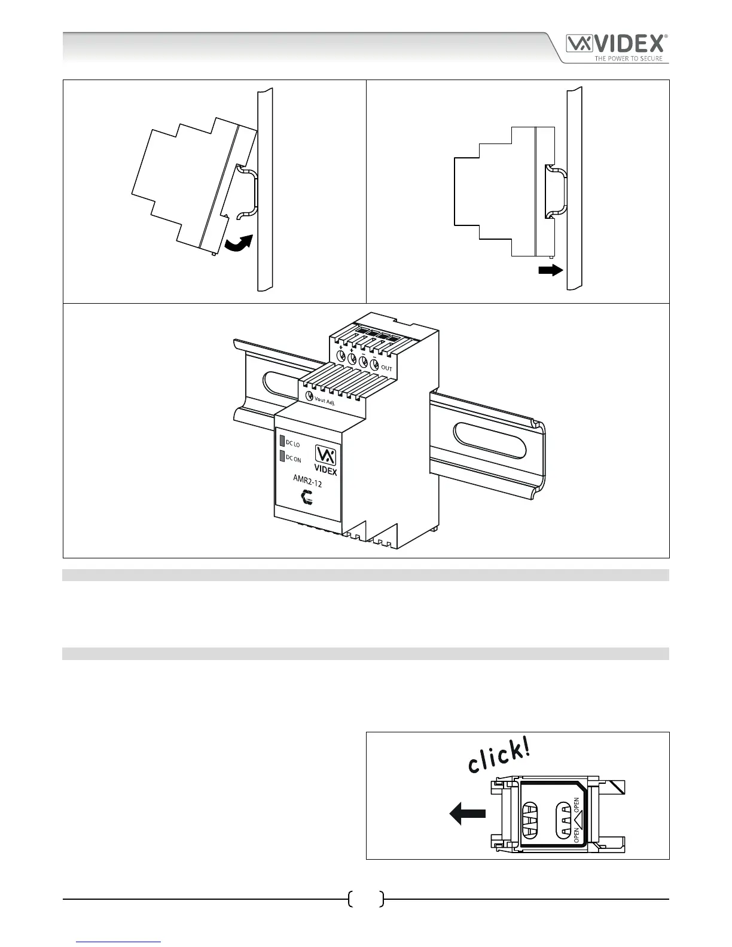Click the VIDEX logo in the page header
pyautogui.click(x=617, y=44)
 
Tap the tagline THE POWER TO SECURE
pyautogui.click(x=628, y=59)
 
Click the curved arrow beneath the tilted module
pyautogui.click(x=237, y=243)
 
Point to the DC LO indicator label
pyautogui.click(x=292, y=444)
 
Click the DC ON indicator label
pyautogui.click(x=293, y=459)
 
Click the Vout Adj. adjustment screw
pyautogui.click(x=309, y=396)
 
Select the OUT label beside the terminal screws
pyautogui.click(x=386, y=368)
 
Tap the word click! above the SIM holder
pyautogui.click(x=499, y=755)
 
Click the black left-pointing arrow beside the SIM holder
pyautogui.click(x=467, y=813)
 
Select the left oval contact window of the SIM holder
pyautogui.click(x=530, y=820)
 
